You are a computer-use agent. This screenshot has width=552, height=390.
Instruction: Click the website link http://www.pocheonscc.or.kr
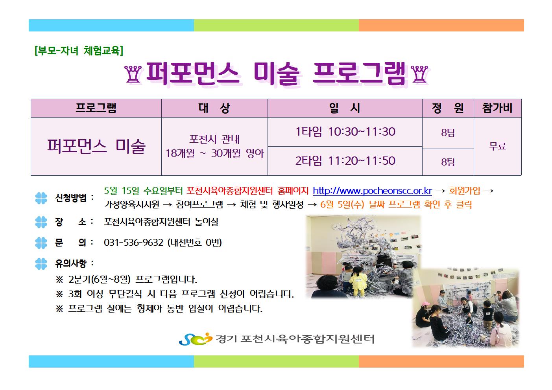click(x=372, y=191)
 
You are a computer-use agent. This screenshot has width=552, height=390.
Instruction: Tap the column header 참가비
click(x=497, y=108)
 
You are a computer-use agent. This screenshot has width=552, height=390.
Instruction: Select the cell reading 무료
click(x=497, y=146)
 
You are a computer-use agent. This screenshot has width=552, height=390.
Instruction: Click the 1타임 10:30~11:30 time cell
click(x=345, y=132)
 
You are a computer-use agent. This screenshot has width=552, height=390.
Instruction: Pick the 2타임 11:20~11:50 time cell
click(x=345, y=161)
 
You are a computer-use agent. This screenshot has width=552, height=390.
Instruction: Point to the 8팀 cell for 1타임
click(x=448, y=133)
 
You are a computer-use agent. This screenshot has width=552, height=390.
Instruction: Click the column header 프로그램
click(x=96, y=108)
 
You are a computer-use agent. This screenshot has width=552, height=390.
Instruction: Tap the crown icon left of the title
click(x=133, y=75)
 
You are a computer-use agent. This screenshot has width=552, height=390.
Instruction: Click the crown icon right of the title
click(x=419, y=75)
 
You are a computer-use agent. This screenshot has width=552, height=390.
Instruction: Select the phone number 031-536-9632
click(x=133, y=243)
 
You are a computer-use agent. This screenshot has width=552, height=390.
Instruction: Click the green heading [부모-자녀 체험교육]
click(x=79, y=51)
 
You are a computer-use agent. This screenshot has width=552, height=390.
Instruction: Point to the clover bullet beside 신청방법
click(x=41, y=198)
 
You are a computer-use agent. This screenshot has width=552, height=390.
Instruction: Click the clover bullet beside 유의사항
click(x=41, y=264)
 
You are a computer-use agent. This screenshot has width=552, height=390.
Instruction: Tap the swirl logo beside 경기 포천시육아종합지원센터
click(x=196, y=339)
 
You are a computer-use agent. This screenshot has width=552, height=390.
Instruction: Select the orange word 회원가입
click(x=465, y=191)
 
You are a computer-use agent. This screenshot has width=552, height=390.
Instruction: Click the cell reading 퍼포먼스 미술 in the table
click(x=96, y=146)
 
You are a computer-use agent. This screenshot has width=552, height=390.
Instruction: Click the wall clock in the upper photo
click(x=335, y=226)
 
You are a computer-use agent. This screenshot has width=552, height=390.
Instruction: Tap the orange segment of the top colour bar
click(x=441, y=26)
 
